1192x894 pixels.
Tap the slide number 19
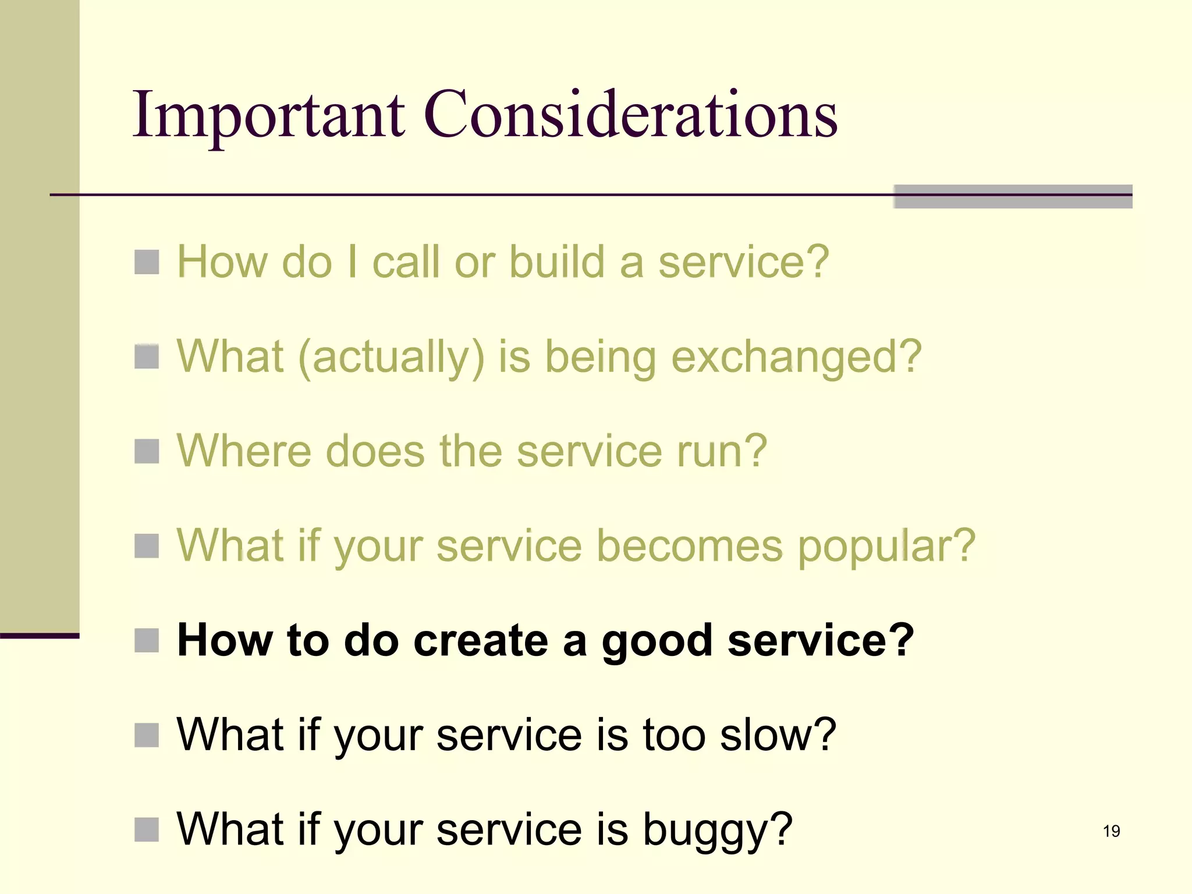click(x=1111, y=831)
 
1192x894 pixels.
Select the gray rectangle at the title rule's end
click(x=1013, y=197)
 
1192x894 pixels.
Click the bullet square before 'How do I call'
click(x=147, y=262)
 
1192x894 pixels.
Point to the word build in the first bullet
click(x=556, y=262)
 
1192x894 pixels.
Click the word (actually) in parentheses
click(x=391, y=357)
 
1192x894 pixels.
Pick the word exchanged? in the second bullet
click(x=796, y=357)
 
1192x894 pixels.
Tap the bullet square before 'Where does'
click(x=147, y=451)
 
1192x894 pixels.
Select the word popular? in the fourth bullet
click(x=886, y=546)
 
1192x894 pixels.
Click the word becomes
click(x=690, y=546)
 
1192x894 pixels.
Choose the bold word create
click(x=481, y=640)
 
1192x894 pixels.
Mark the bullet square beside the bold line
click(x=147, y=640)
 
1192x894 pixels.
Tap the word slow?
click(x=778, y=735)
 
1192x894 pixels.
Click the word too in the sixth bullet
click(x=674, y=735)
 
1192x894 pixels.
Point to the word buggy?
click(x=717, y=830)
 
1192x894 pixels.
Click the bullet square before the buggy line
click(x=147, y=830)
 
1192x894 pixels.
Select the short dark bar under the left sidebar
click(x=40, y=636)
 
